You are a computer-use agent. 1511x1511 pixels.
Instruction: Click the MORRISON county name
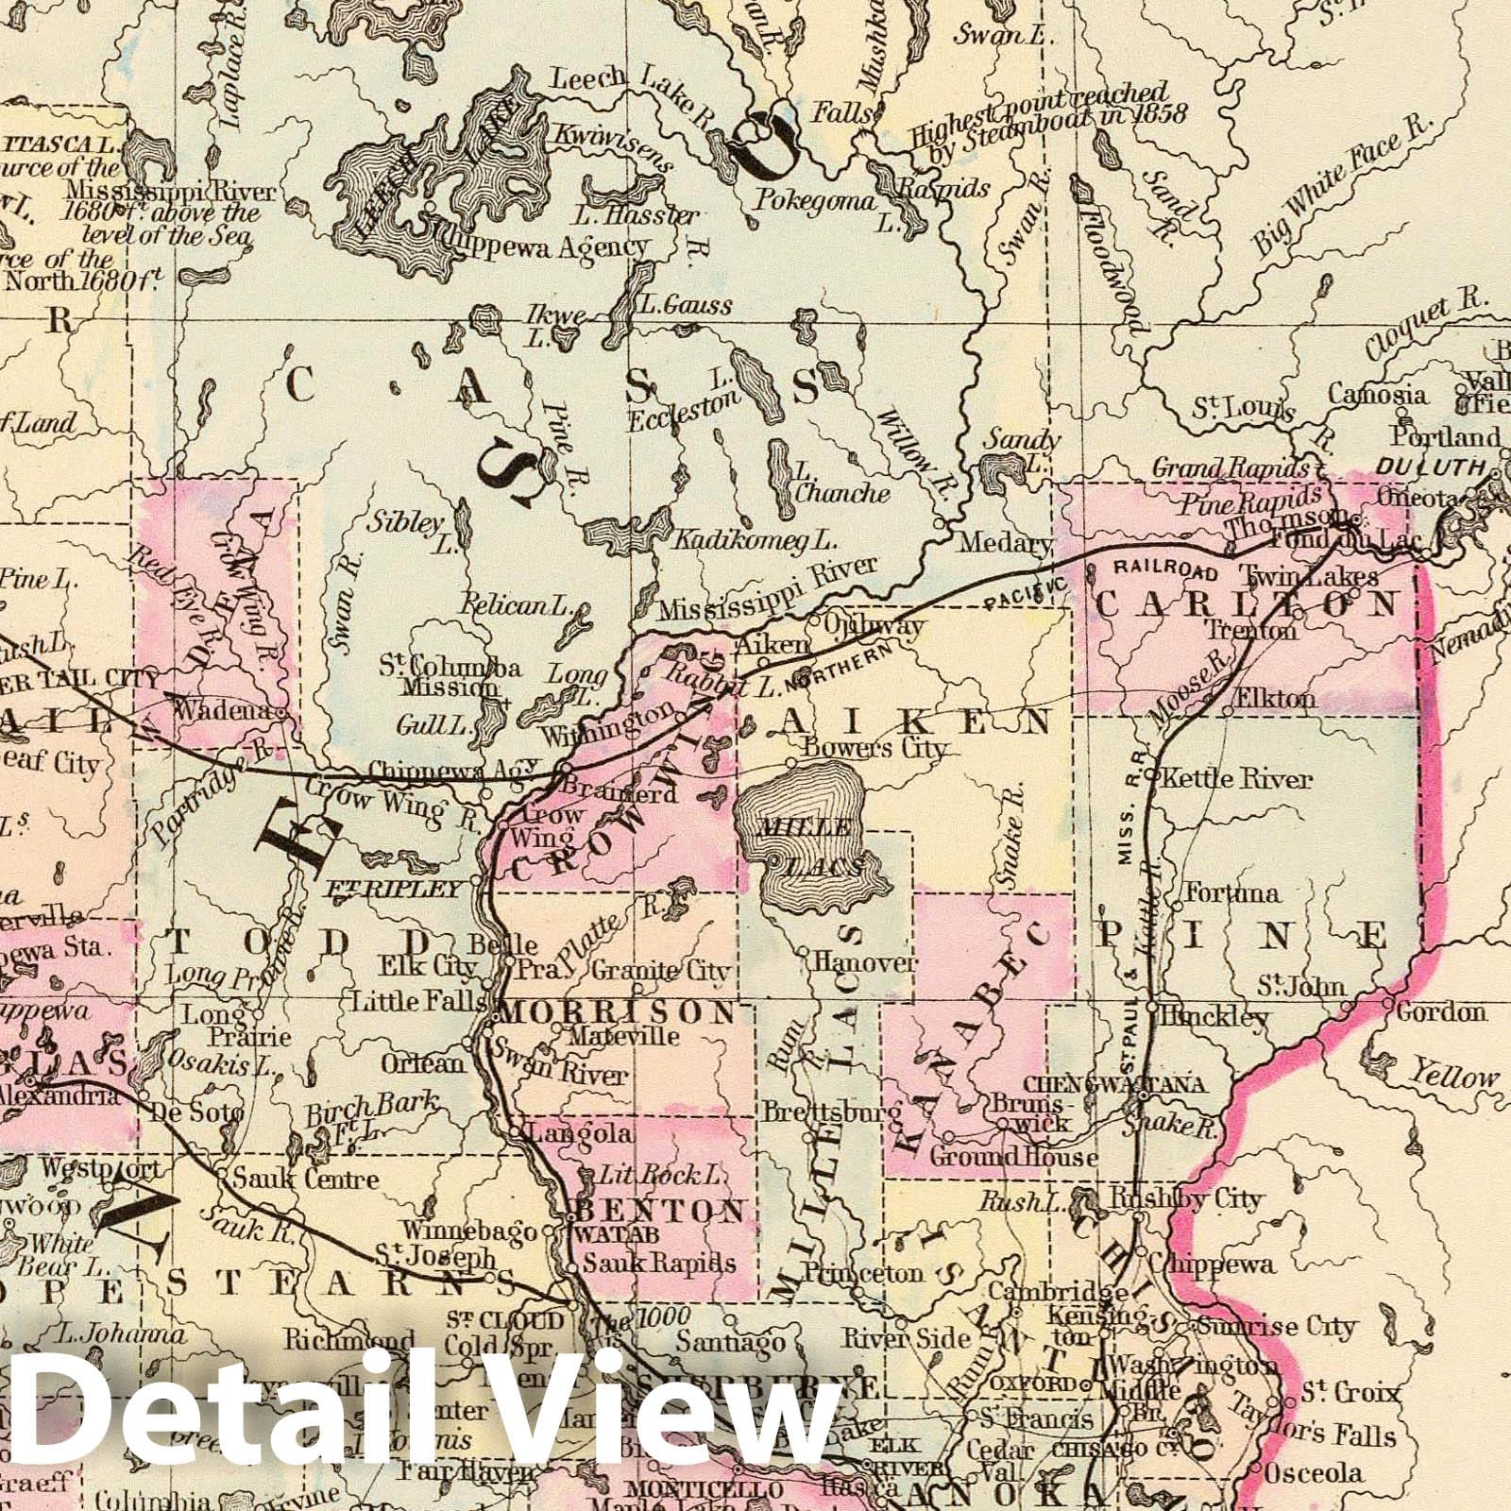[618, 1013]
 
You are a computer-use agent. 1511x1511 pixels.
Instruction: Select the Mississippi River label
[769, 590]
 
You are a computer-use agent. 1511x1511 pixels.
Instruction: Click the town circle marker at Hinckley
[1152, 1008]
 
